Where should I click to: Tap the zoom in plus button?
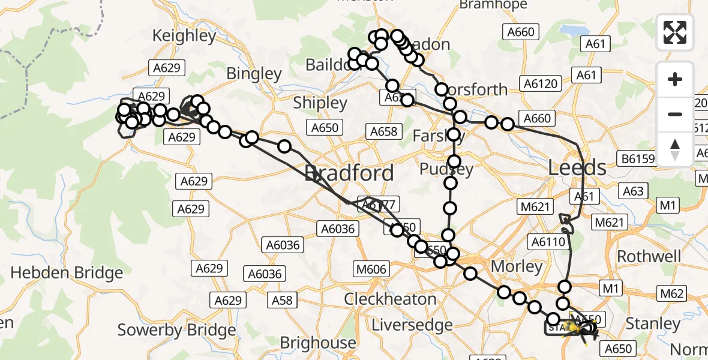[675, 79]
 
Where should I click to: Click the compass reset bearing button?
[675, 149]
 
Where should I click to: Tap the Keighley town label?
[184, 35]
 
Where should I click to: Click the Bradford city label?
[349, 173]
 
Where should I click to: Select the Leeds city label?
[577, 167]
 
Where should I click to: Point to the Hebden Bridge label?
[67, 273]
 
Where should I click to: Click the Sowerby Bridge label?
[176, 330]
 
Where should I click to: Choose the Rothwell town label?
[649, 256]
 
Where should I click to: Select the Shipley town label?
[320, 103]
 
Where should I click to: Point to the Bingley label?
[254, 74]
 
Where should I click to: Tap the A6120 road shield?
[540, 83]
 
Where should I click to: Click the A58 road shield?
[283, 299]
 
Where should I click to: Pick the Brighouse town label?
[318, 343]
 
